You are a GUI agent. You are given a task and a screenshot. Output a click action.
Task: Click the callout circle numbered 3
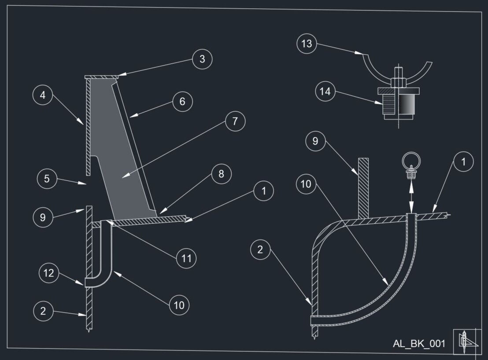pyautogui.click(x=202, y=59)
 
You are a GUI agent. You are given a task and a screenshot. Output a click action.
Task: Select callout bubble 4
pyautogui.click(x=43, y=96)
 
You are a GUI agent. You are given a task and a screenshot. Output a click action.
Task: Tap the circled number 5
pyautogui.click(x=46, y=179)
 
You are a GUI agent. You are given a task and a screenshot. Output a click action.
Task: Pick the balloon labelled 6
pyautogui.click(x=182, y=102)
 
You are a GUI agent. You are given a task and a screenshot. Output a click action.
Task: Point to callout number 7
pyautogui.click(x=235, y=121)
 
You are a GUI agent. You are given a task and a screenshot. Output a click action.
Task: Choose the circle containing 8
pyautogui.click(x=221, y=174)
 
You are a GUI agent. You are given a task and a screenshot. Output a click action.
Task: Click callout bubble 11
pyautogui.click(x=186, y=258)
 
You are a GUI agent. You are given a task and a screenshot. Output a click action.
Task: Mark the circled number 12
pyautogui.click(x=48, y=273)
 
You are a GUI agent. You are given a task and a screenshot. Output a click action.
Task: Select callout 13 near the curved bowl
pyautogui.click(x=307, y=44)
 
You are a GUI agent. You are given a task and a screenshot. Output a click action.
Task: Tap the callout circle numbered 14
pyautogui.click(x=325, y=92)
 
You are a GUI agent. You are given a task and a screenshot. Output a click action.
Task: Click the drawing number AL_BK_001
pyautogui.click(x=419, y=343)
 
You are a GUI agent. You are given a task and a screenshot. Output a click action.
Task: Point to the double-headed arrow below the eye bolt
pyautogui.click(x=411, y=196)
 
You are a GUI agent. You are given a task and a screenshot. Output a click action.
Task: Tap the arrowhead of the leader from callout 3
pyautogui.click(x=120, y=76)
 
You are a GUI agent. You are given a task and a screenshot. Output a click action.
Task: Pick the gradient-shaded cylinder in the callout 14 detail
pyautogui.click(x=407, y=105)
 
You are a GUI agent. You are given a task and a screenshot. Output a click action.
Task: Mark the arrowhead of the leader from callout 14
pyautogui.click(x=381, y=104)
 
